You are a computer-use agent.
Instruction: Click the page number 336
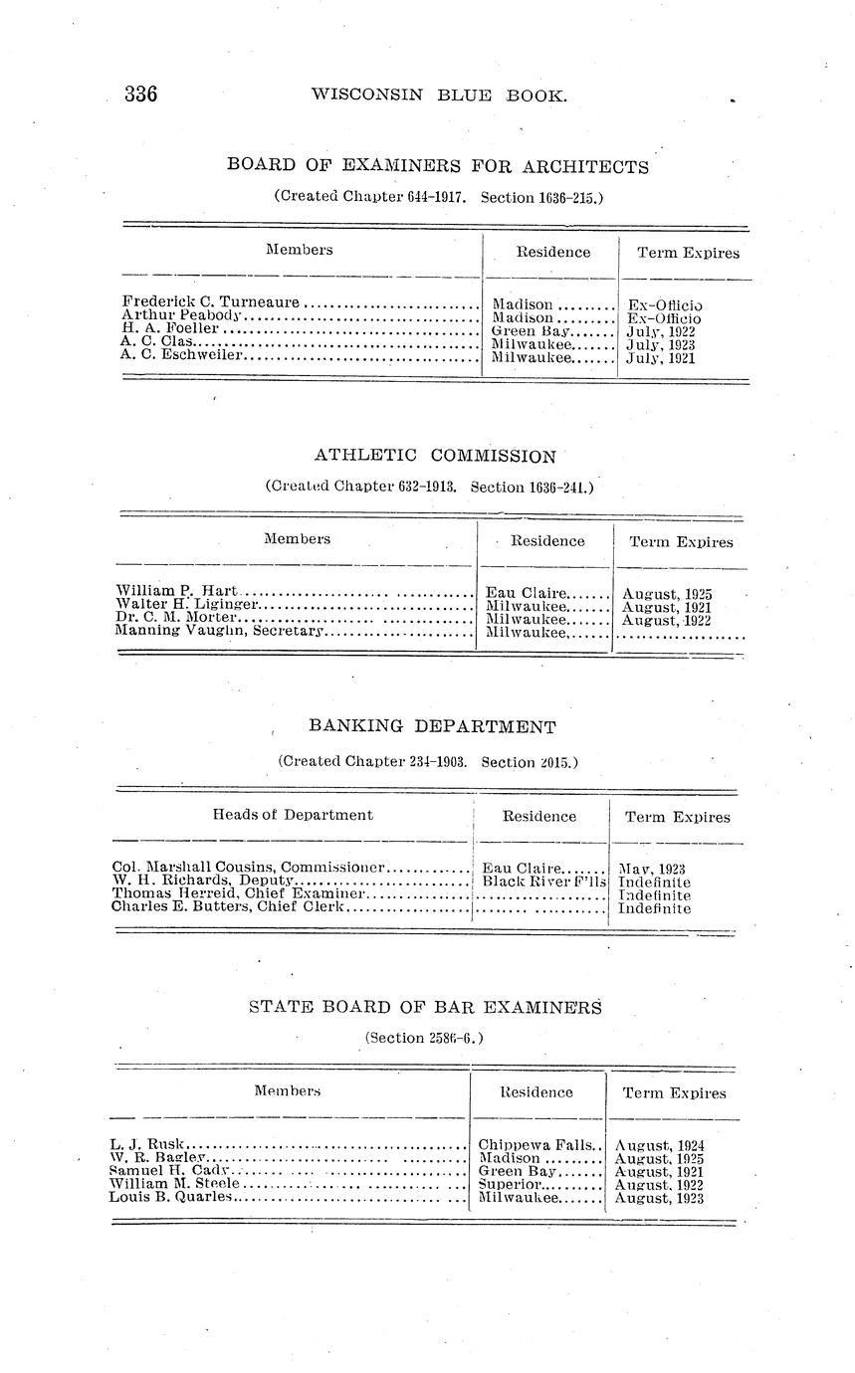[141, 96]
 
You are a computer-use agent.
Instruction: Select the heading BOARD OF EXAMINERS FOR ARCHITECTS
[438, 166]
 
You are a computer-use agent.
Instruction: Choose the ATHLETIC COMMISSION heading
[435, 457]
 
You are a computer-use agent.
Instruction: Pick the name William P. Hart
[176, 592]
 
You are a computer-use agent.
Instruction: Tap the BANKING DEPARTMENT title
[432, 727]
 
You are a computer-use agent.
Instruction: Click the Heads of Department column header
[293, 815]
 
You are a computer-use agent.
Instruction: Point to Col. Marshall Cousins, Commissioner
[249, 868]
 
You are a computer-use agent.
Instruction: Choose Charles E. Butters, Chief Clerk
[228, 907]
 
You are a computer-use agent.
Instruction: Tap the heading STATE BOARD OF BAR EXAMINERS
[425, 1007]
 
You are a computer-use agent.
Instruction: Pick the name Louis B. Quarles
[170, 1197]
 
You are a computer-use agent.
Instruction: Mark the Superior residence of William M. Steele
[510, 1184]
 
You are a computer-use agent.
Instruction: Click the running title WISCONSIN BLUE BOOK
[439, 96]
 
